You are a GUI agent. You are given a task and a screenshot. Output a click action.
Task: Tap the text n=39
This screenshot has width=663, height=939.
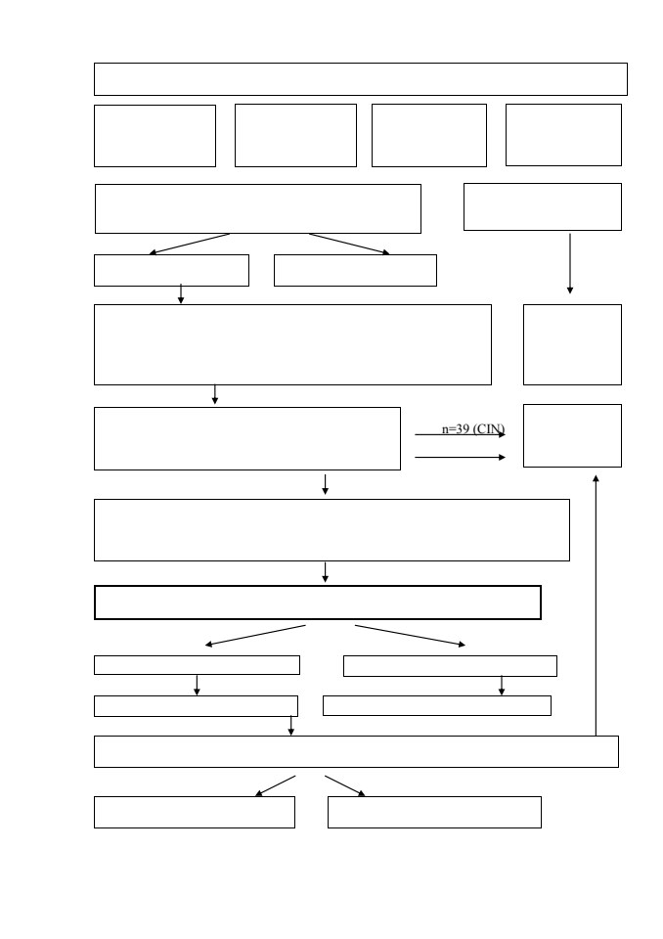pyautogui.click(x=456, y=429)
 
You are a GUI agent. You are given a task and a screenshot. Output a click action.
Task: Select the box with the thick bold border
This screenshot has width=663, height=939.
pyautogui.click(x=318, y=603)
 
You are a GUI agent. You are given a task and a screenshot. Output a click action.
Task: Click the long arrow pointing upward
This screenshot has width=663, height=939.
pyautogui.click(x=596, y=605)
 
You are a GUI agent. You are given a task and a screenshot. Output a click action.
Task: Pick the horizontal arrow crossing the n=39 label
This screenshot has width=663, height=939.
pyautogui.click(x=460, y=434)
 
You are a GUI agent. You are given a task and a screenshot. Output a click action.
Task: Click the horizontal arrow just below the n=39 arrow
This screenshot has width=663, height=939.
pyautogui.click(x=460, y=458)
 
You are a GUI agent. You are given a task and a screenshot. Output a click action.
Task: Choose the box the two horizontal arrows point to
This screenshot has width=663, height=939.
pyautogui.click(x=573, y=435)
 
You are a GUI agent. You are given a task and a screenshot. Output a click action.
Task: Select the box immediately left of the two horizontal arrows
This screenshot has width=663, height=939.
pyautogui.click(x=247, y=439)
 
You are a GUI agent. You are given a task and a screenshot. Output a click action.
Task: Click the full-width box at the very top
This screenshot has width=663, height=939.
pyautogui.click(x=361, y=79)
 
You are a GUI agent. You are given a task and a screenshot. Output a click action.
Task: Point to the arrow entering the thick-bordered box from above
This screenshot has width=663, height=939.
pyautogui.click(x=326, y=572)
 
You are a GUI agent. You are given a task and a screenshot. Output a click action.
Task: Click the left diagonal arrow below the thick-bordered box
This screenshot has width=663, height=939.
pyautogui.click(x=255, y=636)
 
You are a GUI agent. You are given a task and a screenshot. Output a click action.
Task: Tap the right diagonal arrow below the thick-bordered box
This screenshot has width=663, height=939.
pyautogui.click(x=411, y=636)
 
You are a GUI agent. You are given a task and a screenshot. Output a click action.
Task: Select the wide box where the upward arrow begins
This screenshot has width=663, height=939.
pyautogui.click(x=356, y=751)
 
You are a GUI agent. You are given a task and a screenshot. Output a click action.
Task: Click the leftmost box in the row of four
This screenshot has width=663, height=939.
pyautogui.click(x=155, y=136)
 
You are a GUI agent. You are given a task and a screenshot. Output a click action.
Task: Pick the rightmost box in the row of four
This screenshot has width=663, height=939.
pyautogui.click(x=563, y=135)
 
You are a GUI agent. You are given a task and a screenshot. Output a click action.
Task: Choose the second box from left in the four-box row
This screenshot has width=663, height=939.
pyautogui.click(x=296, y=135)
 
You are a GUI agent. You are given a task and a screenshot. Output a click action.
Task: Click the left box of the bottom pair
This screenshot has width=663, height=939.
pyautogui.click(x=195, y=812)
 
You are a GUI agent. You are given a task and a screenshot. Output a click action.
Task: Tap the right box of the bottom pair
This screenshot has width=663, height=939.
pyautogui.click(x=435, y=812)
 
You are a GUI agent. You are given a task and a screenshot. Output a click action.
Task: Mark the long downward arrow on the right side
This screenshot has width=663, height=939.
pyautogui.click(x=570, y=263)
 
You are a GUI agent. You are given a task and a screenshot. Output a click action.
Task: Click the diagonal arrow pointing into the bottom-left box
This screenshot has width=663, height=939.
pyautogui.click(x=276, y=785)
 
